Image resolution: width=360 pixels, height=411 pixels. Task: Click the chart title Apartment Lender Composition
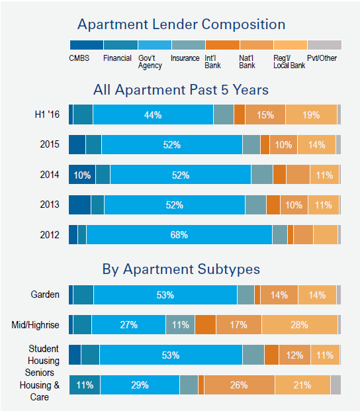click(x=181, y=25)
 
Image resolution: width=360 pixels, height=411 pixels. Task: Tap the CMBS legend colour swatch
click(x=86, y=45)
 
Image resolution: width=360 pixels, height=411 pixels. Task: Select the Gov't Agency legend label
click(x=148, y=62)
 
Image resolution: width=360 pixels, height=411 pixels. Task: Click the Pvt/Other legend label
click(x=322, y=58)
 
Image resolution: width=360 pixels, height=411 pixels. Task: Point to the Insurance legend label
click(x=185, y=58)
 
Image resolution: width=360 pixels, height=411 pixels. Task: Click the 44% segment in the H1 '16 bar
click(x=153, y=114)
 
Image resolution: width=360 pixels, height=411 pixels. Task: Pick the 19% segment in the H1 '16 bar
click(x=311, y=114)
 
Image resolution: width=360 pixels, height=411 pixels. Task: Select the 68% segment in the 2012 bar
click(x=179, y=235)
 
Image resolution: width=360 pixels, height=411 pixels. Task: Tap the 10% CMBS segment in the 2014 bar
click(x=82, y=175)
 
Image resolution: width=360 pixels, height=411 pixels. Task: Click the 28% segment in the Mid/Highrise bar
click(x=299, y=324)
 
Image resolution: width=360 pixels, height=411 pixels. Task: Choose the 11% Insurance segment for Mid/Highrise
click(x=180, y=324)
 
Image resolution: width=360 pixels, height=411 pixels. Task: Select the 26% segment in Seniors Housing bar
click(x=239, y=385)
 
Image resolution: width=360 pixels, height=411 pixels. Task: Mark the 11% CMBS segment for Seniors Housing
click(x=84, y=385)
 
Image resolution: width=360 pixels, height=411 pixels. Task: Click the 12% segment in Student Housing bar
click(x=294, y=355)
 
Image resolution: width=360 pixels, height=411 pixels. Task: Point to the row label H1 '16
click(x=47, y=114)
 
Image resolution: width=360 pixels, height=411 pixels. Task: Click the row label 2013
click(x=50, y=205)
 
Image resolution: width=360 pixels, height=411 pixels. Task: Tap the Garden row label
click(x=45, y=295)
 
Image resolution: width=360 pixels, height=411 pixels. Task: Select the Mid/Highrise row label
click(x=36, y=324)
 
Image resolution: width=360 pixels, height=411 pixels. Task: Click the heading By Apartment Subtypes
click(x=181, y=269)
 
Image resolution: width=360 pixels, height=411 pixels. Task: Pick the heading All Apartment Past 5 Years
click(x=181, y=89)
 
